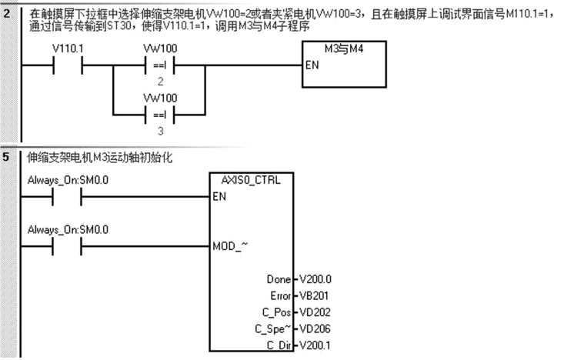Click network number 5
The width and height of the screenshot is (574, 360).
point(7,158)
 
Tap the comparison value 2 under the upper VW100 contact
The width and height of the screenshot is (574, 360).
point(160,81)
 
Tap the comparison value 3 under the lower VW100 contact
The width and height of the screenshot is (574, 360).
point(160,130)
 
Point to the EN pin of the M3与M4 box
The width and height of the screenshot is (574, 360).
point(312,65)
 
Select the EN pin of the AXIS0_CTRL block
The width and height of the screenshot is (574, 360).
point(219,196)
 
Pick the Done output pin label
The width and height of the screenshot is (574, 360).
point(277,279)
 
